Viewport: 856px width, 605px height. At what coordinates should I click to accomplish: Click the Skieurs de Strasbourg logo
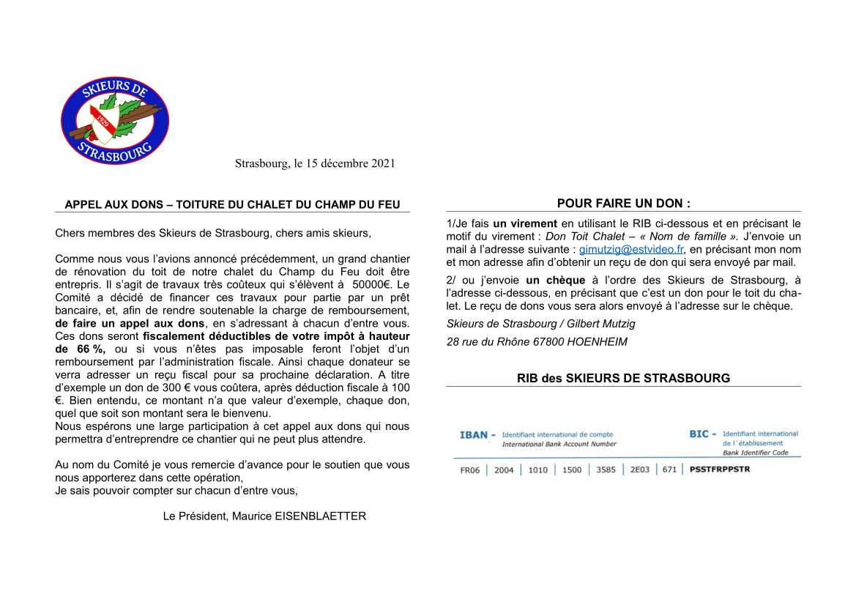(x=114, y=121)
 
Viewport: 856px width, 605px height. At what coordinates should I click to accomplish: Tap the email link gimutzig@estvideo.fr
(x=631, y=250)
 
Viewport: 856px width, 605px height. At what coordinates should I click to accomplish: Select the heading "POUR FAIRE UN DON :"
(x=624, y=203)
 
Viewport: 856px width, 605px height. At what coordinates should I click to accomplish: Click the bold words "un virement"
(x=525, y=223)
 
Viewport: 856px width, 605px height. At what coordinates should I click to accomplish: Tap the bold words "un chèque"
(x=555, y=280)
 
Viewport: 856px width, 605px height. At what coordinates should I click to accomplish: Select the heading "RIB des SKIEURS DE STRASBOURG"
(x=623, y=378)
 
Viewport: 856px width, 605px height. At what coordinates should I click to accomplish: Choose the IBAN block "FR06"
(x=470, y=470)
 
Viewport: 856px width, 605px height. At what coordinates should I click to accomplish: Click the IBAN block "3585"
(x=606, y=470)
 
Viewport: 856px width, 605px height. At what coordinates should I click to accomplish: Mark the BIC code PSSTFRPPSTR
(x=720, y=469)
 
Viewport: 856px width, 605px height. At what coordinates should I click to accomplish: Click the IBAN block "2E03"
(x=640, y=470)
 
